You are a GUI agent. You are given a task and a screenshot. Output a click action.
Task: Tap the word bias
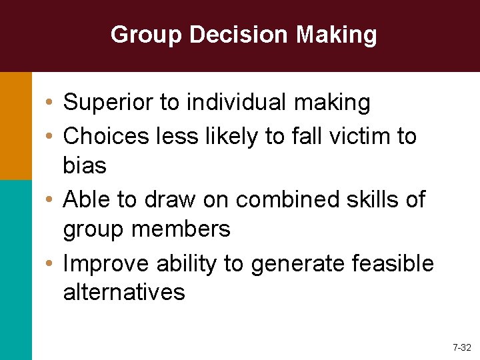tap(85, 165)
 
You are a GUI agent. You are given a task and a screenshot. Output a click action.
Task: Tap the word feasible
tap(395, 264)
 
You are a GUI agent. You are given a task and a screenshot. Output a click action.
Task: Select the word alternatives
tap(124, 292)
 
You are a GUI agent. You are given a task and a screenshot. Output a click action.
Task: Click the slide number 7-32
tap(461, 347)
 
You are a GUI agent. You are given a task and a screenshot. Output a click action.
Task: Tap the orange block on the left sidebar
tap(15, 125)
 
